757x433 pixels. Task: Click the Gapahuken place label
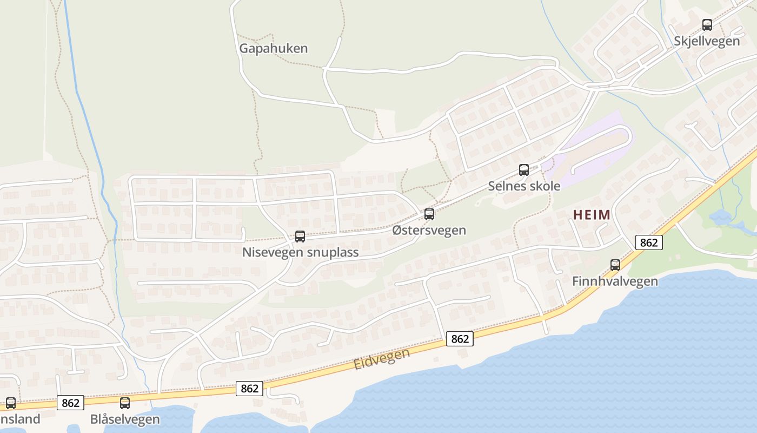[x=274, y=48]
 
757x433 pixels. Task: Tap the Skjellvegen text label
[x=707, y=41]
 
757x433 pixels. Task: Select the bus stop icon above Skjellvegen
[x=707, y=24]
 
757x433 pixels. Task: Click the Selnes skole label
[x=524, y=186]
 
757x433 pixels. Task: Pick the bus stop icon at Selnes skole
[x=524, y=169]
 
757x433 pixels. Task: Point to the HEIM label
[x=592, y=215]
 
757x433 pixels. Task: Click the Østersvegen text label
[x=429, y=230]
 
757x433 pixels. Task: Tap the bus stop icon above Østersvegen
[x=429, y=214]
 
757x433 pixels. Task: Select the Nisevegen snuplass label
[x=300, y=252]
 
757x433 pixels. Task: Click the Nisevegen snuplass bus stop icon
[x=300, y=236]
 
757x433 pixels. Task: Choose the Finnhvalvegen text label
[x=615, y=281]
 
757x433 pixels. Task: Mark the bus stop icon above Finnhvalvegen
[x=615, y=265]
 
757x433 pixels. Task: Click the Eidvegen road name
[x=382, y=359]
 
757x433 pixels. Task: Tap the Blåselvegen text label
[x=125, y=419]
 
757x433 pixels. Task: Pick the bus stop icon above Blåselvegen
[x=125, y=403]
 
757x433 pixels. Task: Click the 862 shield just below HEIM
[x=648, y=242]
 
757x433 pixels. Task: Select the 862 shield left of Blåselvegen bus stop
[x=70, y=403]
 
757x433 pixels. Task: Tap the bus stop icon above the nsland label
[x=10, y=403]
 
